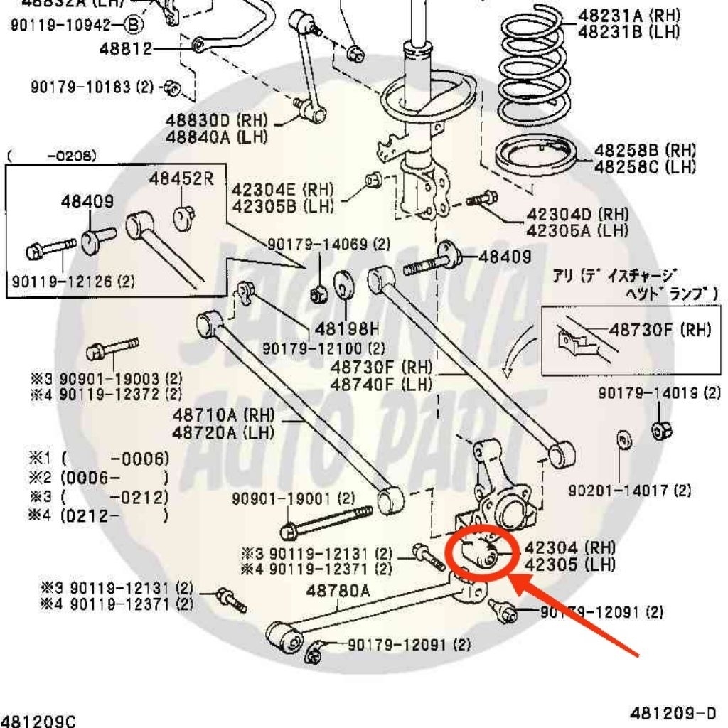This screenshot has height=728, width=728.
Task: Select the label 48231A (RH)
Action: (x=628, y=15)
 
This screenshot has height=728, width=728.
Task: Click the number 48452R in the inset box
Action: (x=181, y=178)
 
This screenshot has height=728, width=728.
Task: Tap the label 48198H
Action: (x=348, y=328)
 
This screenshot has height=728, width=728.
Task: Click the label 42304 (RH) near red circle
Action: (x=569, y=547)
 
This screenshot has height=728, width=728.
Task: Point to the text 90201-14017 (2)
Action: (x=630, y=491)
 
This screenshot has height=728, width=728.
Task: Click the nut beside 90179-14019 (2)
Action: (x=662, y=429)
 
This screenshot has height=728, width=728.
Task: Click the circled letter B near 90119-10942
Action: (x=134, y=26)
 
